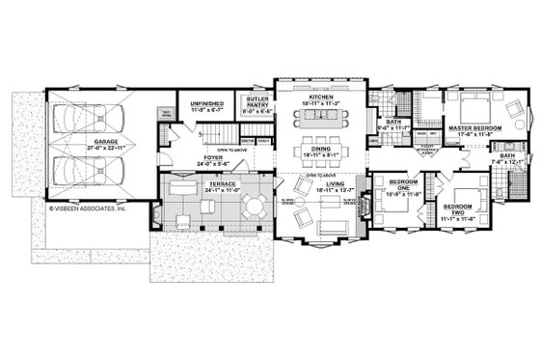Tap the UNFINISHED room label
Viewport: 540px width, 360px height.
pos(206,102)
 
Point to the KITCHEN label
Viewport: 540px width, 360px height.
pos(319,98)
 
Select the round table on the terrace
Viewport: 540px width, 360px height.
pos(253,205)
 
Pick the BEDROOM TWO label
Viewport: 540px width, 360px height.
pos(457,208)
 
